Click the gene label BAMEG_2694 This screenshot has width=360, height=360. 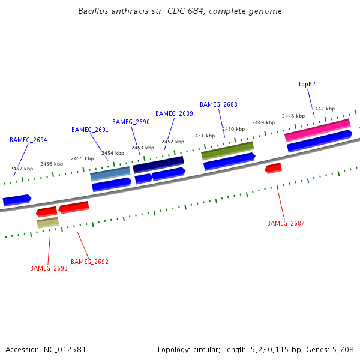(x=28, y=140)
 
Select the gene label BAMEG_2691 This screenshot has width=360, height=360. (x=90, y=130)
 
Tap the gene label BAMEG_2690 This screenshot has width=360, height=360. (x=131, y=122)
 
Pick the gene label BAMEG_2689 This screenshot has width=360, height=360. (x=174, y=113)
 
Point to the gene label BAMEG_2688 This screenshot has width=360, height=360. (x=218, y=104)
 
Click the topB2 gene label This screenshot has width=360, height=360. (x=307, y=85)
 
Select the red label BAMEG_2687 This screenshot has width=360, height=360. (x=286, y=223)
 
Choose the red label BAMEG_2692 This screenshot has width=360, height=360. (x=89, y=262)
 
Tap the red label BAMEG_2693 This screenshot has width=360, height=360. (x=49, y=268)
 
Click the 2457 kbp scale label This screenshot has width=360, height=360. (x=22, y=169)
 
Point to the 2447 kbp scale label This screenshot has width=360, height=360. (x=323, y=109)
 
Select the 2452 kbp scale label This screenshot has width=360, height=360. (x=173, y=142)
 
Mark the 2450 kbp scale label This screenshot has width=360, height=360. (x=233, y=129)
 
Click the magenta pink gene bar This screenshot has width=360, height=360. (x=317, y=130)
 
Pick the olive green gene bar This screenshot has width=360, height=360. (x=227, y=150)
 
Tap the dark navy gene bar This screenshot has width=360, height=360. (x=158, y=164)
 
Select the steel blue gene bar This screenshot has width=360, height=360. (x=110, y=173)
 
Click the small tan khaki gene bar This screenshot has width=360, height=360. (x=47, y=223)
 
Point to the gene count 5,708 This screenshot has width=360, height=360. (x=342, y=349)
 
